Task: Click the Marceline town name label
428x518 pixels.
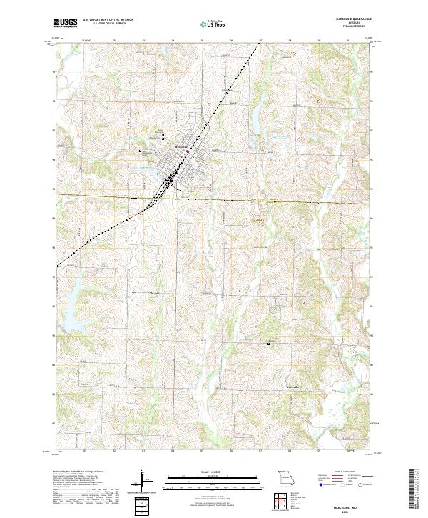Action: tap(182, 146)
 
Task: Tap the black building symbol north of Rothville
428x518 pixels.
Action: tap(269, 344)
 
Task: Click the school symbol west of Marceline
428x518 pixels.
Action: tap(141, 151)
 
